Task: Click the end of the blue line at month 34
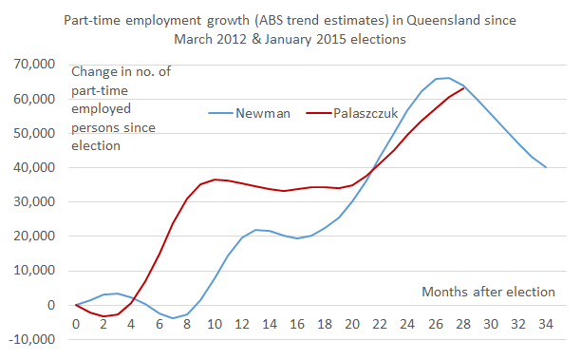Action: pyautogui.click(x=546, y=167)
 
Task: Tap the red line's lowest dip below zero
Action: pyautogui.click(x=103, y=316)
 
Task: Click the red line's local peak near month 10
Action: pyautogui.click(x=216, y=179)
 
